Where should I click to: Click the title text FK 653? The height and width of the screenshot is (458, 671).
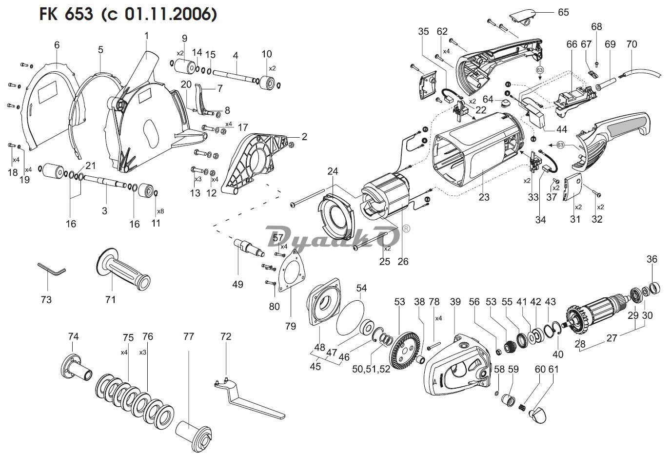[x=66, y=14]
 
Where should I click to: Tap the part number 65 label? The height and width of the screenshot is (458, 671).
[x=563, y=12]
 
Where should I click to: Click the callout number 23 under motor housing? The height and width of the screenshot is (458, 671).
[x=484, y=197]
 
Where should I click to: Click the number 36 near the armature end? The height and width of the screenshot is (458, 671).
[x=652, y=259]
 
